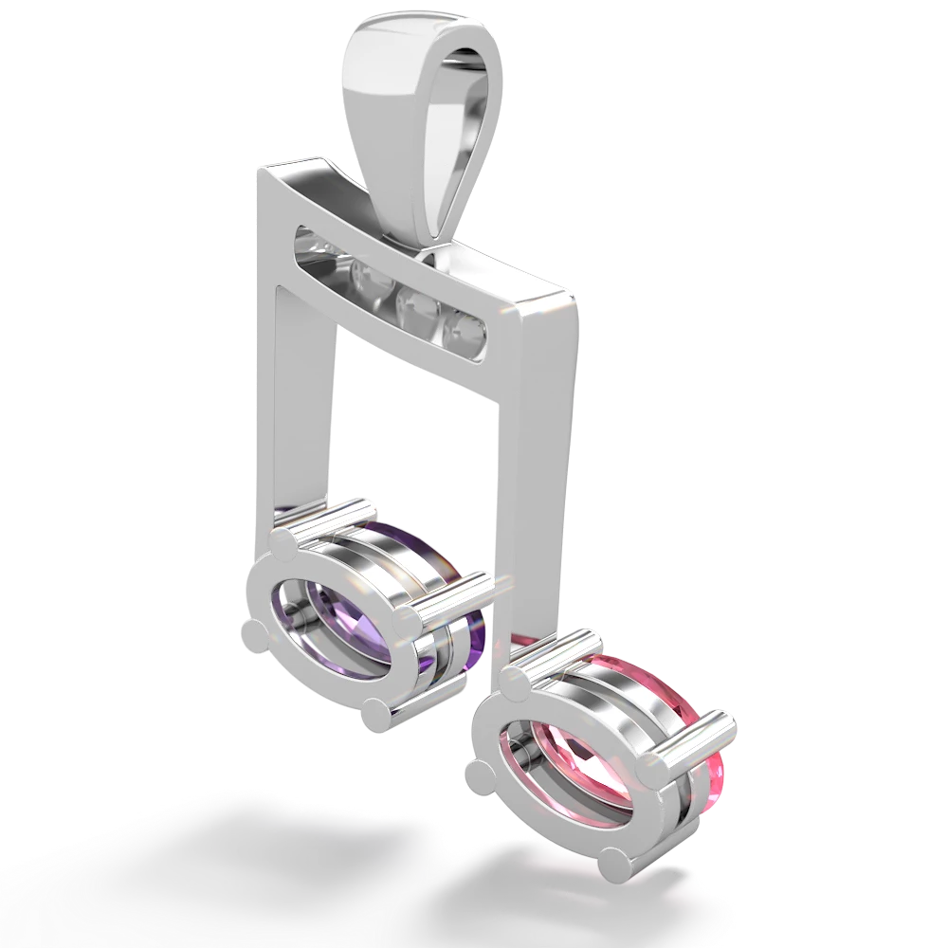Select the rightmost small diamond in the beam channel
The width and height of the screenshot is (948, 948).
466,329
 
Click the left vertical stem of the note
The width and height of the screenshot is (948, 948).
298,398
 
